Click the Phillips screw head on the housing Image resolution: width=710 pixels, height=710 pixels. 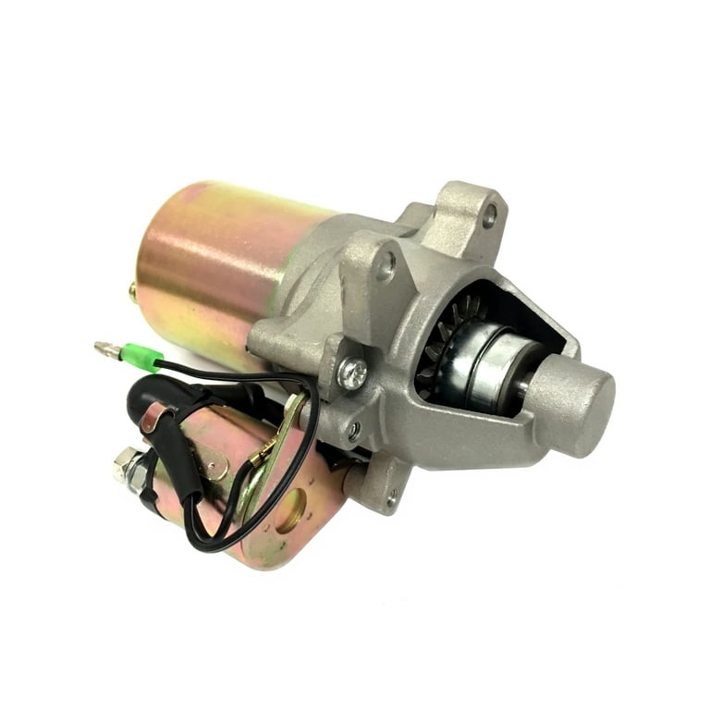(351, 373)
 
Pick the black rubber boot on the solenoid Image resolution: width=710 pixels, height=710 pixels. (157, 398)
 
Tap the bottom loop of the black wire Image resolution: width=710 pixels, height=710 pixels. (208, 541)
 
